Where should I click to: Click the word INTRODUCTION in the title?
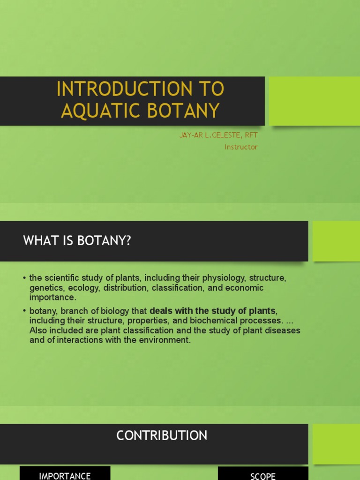tap(116, 89)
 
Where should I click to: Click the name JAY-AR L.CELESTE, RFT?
tap(218, 135)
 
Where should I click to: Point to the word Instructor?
tap(241, 147)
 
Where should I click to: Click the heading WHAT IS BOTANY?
tap(77, 241)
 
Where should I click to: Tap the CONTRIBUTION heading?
tap(162, 435)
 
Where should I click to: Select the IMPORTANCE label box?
tap(65, 474)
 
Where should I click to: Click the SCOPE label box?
tap(263, 475)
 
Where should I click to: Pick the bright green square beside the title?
tap(314, 101)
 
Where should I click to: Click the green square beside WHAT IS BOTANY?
tap(336, 241)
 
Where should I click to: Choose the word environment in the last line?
tap(164, 340)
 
